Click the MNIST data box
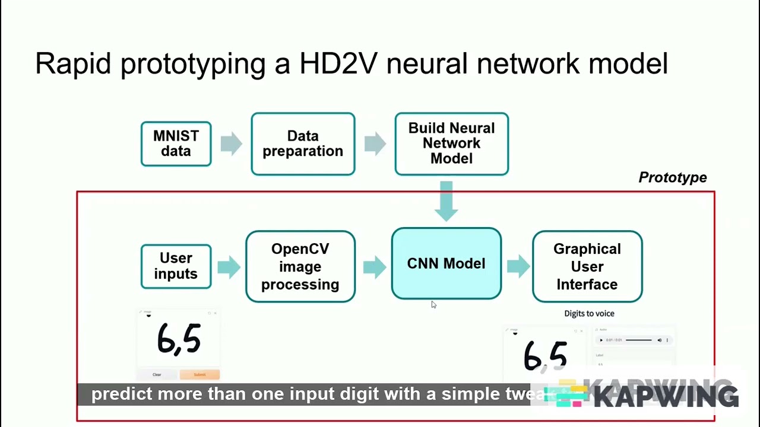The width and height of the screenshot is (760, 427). point(176,144)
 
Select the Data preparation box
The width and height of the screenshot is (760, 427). point(303,144)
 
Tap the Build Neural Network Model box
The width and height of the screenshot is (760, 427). point(451,144)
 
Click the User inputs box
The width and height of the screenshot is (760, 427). point(176,266)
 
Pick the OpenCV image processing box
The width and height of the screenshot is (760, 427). point(300,266)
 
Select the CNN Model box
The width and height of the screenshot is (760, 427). point(446,264)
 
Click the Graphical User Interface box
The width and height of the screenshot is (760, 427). point(587,266)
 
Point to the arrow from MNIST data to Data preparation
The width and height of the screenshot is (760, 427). point(231,144)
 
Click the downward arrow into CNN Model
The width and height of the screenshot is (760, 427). point(446,200)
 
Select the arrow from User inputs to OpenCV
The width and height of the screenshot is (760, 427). point(229,267)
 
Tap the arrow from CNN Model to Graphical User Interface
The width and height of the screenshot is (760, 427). point(518,266)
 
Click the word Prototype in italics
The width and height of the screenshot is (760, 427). point(672,177)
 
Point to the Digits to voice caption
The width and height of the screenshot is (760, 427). point(589,313)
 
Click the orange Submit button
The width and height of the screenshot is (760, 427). point(199,374)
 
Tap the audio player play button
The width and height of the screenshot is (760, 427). point(601,340)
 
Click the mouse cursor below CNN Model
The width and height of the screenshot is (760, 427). point(433,304)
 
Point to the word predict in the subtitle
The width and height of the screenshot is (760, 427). point(117,394)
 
